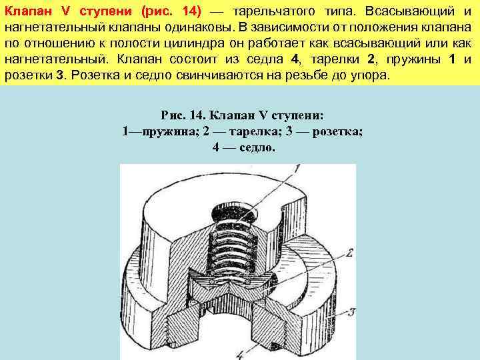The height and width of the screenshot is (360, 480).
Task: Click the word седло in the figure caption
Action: coord(254,147)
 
